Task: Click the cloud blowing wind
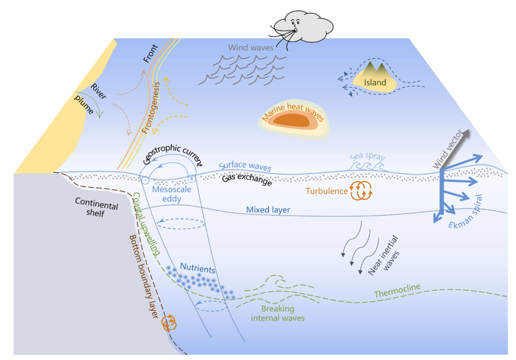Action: pyautogui.click(x=303, y=26)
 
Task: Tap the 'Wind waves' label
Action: pyautogui.click(x=251, y=48)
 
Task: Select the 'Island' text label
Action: pyautogui.click(x=375, y=82)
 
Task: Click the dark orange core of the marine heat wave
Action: pyautogui.click(x=292, y=120)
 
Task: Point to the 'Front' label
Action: pyautogui.click(x=150, y=54)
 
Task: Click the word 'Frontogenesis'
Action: pyautogui.click(x=151, y=108)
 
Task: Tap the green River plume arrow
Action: pyautogui.click(x=92, y=102)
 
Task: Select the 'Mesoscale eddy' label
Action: pyautogui.click(x=171, y=194)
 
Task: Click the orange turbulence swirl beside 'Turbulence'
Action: pyautogui.click(x=361, y=191)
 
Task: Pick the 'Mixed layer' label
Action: pyautogui.click(x=268, y=210)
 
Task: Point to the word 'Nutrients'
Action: pyautogui.click(x=198, y=268)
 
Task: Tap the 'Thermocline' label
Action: pyautogui.click(x=397, y=290)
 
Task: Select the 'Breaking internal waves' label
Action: pyautogui.click(x=278, y=313)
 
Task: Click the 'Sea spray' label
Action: pyautogui.click(x=367, y=156)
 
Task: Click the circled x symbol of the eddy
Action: pyautogui.click(x=192, y=179)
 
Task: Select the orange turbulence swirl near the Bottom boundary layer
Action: pyautogui.click(x=169, y=323)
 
